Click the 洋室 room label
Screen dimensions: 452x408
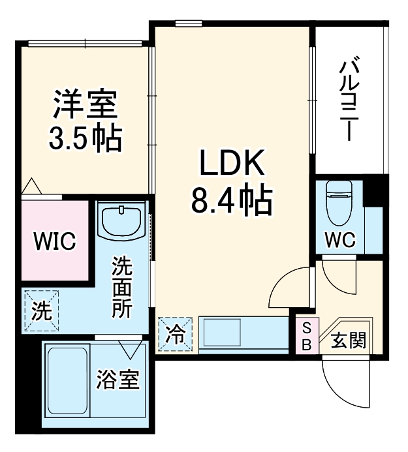pos(84,104)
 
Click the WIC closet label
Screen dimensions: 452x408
pos(55,241)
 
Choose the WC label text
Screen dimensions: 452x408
pos(340,239)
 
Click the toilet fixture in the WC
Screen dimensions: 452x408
pos(339,199)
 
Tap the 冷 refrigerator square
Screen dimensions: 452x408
pos(175,334)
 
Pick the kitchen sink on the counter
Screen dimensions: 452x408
pos(222,333)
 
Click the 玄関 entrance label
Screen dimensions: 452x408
pos(347,340)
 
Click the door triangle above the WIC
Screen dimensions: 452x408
pos(31,187)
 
